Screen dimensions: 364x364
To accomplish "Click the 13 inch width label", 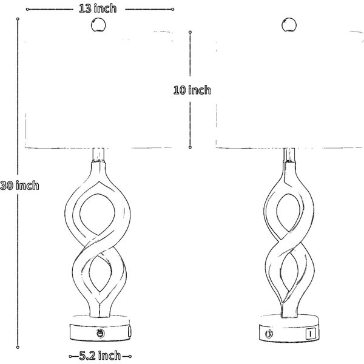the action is tap(98, 8).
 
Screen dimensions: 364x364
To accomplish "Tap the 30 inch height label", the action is tap(19, 186).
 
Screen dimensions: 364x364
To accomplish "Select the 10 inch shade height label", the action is tap(192, 90).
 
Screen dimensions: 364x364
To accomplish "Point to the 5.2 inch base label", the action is tap(100, 356).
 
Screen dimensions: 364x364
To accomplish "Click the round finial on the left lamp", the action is tap(98, 25).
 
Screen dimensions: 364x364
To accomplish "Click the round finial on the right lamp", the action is tap(289, 25).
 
